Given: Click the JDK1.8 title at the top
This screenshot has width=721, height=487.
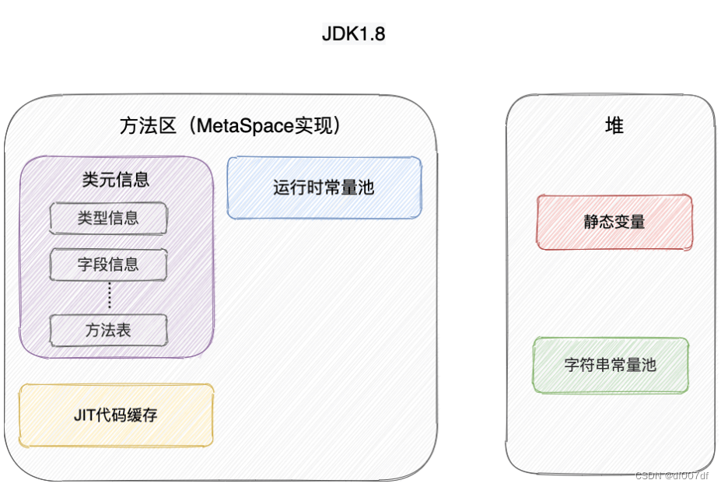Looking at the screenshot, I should [x=353, y=34].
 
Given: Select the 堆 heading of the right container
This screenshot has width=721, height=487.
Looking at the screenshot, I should [x=614, y=125].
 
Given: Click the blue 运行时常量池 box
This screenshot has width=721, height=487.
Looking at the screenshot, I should [x=324, y=187].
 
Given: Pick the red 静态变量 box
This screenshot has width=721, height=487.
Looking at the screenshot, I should [x=614, y=222].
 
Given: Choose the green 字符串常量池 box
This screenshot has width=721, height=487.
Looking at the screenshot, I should [x=611, y=364].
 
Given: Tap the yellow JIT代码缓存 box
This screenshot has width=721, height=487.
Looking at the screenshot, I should [x=116, y=415].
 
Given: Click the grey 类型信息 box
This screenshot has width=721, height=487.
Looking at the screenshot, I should [x=108, y=218].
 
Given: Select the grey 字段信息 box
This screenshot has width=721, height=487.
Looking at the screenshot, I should [x=108, y=265].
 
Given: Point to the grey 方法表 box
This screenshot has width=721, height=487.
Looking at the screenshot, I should [x=108, y=330].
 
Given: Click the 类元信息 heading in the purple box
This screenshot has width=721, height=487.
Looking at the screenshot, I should [x=115, y=180].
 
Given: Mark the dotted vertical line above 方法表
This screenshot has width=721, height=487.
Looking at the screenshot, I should [x=109, y=296].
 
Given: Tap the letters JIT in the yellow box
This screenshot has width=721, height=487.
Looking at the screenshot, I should [x=84, y=415].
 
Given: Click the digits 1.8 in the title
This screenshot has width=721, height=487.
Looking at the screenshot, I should [x=372, y=34].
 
